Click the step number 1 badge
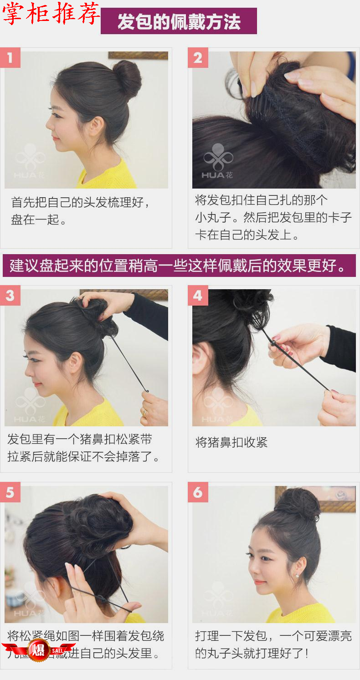(10, 58)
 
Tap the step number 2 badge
(198, 58)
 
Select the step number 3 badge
(10, 296)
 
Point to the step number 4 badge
(198, 296)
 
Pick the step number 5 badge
(10, 492)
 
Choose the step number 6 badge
(198, 492)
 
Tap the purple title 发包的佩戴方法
(179, 21)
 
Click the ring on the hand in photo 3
(144, 413)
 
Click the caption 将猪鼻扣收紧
(231, 442)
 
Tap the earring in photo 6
(298, 575)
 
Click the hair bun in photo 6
(297, 504)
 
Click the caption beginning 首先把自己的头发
(81, 211)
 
